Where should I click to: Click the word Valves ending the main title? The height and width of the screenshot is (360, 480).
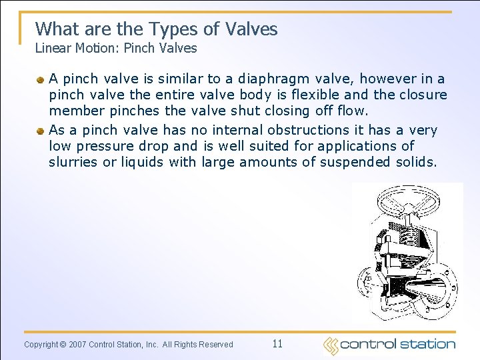pyautogui.click(x=251, y=29)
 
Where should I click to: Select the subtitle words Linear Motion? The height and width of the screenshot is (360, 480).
pyautogui.click(x=73, y=48)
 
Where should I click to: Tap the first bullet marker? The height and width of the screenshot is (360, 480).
pyautogui.click(x=41, y=80)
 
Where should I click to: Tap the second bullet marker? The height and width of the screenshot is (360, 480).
pyautogui.click(x=41, y=131)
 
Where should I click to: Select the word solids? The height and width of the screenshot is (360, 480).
pyautogui.click(x=415, y=162)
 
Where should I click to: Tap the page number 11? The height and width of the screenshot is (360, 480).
pyautogui.click(x=277, y=344)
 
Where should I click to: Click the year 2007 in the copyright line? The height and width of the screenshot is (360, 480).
pyautogui.click(x=78, y=345)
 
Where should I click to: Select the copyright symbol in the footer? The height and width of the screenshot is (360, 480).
pyautogui.click(x=63, y=345)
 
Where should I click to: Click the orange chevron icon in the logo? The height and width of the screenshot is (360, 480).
pyautogui.click(x=331, y=345)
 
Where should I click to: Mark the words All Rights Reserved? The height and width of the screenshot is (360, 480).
pyautogui.click(x=198, y=345)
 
